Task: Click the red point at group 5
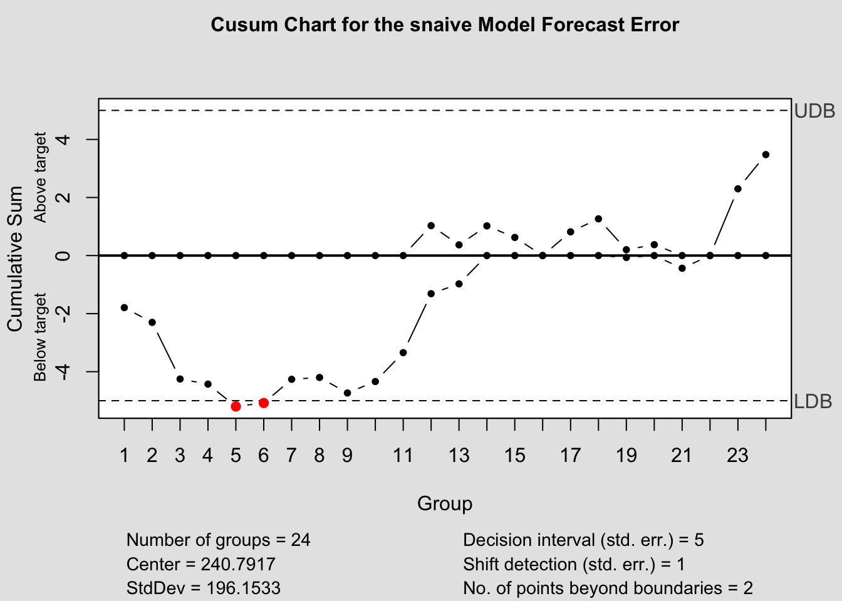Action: coord(236,406)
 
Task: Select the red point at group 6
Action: coord(264,403)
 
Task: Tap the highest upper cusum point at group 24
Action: coord(766,155)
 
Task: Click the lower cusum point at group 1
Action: coord(124,307)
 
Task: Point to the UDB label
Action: coord(814,111)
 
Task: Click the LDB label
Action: coord(813,401)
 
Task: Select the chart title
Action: coord(445,25)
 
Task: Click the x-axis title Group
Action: coord(445,504)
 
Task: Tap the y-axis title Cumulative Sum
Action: coord(15,258)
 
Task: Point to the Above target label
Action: coord(41,177)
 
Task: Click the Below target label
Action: coord(41,337)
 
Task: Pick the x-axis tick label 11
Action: coord(403,455)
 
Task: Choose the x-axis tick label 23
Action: coord(737,455)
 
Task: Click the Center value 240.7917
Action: coord(238,565)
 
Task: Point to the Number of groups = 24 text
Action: coord(218,540)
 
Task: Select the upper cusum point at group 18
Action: coord(598,218)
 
